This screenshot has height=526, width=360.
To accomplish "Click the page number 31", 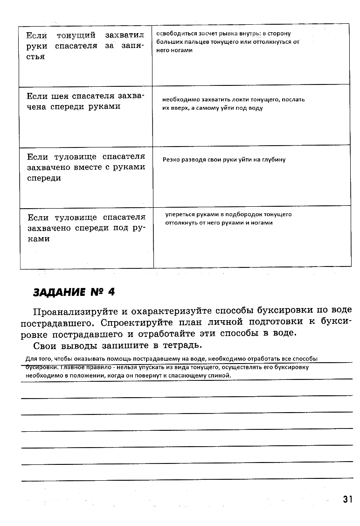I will pyautogui.click(x=347, y=499).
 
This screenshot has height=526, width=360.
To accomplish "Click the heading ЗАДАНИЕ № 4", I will pyautogui.click(x=74, y=292).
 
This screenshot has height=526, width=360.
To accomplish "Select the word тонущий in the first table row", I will pyautogui.click(x=76, y=35).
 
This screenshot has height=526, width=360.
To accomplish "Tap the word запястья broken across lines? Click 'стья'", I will pyautogui.click(x=35, y=56).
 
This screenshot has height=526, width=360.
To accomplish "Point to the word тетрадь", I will pyautogui.click(x=182, y=345).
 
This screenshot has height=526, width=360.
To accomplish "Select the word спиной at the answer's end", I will pyautogui.click(x=222, y=375).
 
